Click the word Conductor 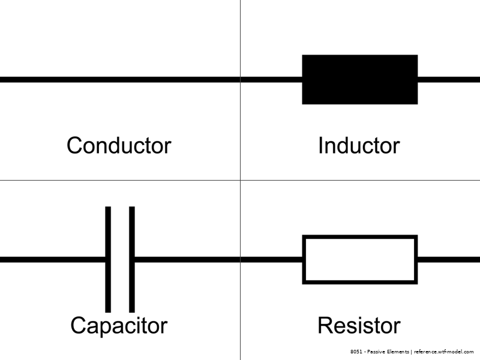click(x=119, y=145)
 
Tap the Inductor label click(x=359, y=145)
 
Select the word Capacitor click(x=119, y=325)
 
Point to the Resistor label click(x=359, y=325)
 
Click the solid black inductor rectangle click(x=359, y=79)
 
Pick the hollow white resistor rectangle click(x=359, y=259)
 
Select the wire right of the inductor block click(x=449, y=79)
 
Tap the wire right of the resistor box click(x=449, y=259)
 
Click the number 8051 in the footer click(x=357, y=352)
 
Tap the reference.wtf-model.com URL click(x=444, y=352)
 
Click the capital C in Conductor click(x=74, y=145)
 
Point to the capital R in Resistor click(x=325, y=325)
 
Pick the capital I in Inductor click(x=320, y=145)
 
